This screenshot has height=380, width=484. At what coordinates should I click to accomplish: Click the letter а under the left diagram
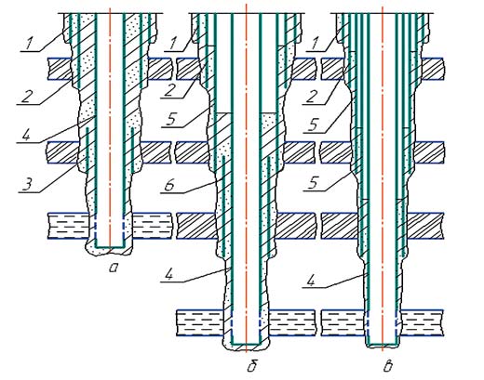(x=114, y=268)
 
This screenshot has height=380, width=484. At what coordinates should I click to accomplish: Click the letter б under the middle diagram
(x=252, y=366)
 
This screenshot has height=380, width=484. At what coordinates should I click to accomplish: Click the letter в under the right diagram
(x=388, y=367)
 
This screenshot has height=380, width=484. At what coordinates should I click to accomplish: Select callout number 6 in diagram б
(x=170, y=185)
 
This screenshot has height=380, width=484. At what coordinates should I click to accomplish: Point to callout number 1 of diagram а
(x=29, y=44)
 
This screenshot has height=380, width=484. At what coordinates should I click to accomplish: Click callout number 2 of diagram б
(x=170, y=91)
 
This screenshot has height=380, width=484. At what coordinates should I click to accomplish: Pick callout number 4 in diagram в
(x=312, y=281)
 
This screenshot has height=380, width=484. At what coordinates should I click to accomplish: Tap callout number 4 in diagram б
(x=170, y=275)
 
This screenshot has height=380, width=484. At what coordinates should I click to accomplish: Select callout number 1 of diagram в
(x=314, y=44)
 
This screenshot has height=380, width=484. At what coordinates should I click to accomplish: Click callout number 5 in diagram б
(x=171, y=120)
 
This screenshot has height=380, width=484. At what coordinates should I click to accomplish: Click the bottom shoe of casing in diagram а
(x=110, y=247)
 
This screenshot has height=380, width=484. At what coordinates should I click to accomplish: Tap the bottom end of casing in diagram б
(x=245, y=344)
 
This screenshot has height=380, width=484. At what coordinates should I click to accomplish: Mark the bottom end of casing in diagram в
(x=383, y=344)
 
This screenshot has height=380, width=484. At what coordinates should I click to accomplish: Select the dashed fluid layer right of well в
(x=422, y=322)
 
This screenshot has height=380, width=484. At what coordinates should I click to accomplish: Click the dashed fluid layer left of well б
(x=201, y=322)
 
